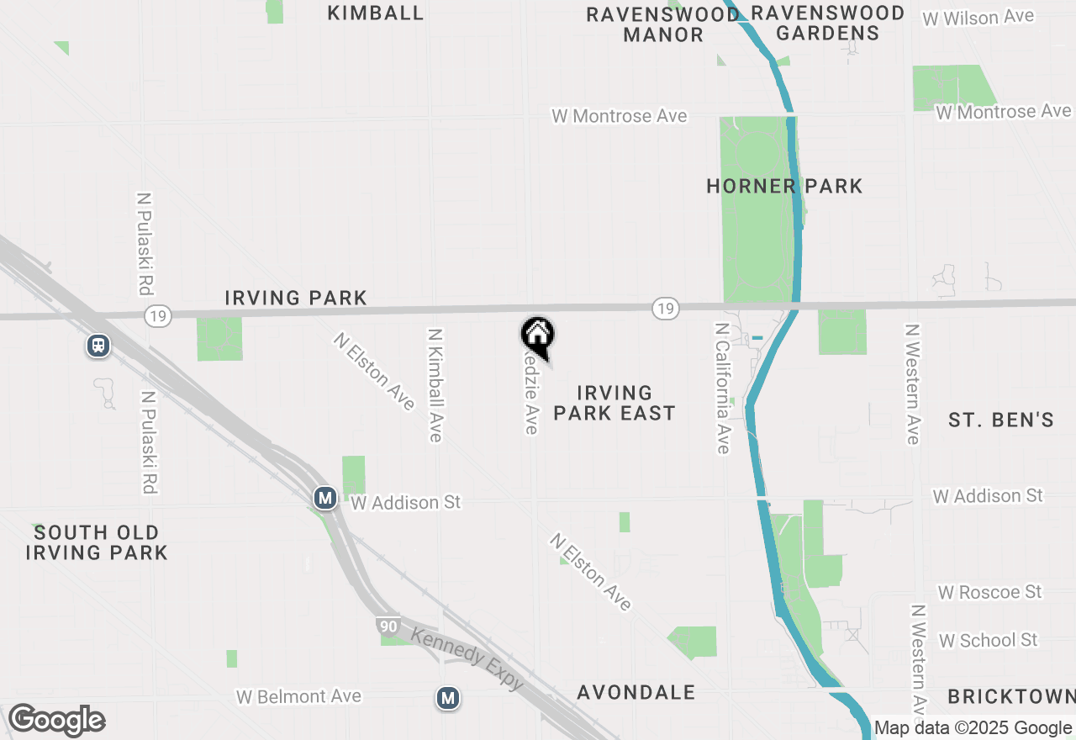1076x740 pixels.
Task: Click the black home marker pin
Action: [538, 336]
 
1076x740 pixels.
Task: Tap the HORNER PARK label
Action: [784, 186]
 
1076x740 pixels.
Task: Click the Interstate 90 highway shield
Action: [388, 626]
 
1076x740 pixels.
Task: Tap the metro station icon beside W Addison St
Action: [325, 499]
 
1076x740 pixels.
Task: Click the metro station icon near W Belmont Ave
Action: [448, 697]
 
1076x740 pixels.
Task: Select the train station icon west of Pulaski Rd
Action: [98, 346]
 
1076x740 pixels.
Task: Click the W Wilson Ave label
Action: [978, 18]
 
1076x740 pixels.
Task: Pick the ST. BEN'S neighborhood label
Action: [1000, 420]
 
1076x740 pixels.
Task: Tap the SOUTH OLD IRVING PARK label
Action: [97, 542]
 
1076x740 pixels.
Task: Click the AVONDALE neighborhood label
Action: [636, 692]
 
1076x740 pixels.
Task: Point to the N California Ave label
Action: [722, 388]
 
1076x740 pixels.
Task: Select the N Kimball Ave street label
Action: [435, 385]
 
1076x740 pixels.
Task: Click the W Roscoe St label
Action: [989, 592]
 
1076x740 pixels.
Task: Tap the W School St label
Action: [988, 641]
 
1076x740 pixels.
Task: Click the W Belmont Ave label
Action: [298, 696]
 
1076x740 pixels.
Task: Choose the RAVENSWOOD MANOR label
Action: [663, 24]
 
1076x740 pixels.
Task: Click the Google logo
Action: [56, 721]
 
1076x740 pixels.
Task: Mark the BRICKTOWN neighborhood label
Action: [1011, 697]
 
